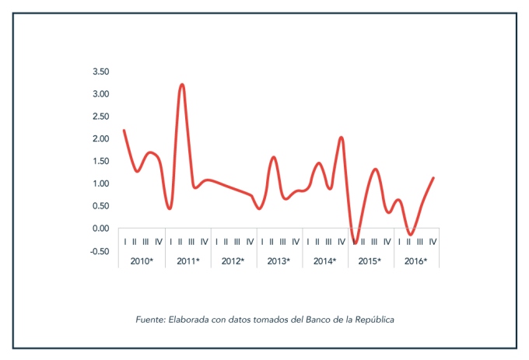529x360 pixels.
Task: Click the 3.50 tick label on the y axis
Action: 100,72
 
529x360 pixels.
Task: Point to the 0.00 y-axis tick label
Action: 100,229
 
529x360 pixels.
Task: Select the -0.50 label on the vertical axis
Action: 100,251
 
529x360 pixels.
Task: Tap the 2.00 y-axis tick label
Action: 100,139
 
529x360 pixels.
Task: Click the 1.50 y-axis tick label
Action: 100,162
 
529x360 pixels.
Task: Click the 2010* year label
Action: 142,261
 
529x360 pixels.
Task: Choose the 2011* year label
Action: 187,261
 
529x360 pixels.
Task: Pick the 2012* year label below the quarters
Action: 233,261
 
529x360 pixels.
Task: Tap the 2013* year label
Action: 278,261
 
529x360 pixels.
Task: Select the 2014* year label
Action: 324,261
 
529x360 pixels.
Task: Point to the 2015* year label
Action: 369,261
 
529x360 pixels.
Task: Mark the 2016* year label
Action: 415,261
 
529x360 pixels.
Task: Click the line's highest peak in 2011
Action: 181,84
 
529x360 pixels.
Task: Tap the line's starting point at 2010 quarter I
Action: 124,130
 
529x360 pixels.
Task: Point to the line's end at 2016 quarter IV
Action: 433,178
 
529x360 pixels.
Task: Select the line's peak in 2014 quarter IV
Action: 342,138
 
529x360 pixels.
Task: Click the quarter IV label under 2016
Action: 433,242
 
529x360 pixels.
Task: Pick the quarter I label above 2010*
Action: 124,242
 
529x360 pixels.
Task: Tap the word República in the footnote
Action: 375,319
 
